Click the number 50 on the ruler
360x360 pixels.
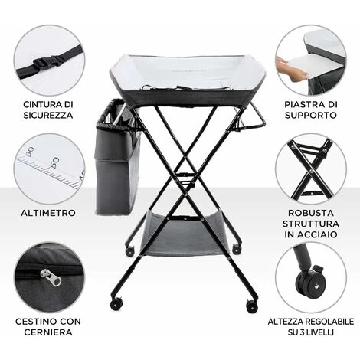[54, 162]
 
